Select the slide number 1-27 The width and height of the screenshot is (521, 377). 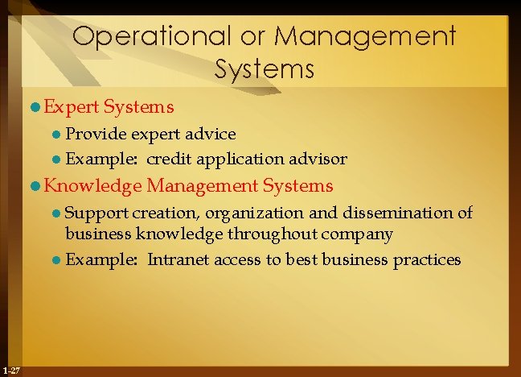click(11, 370)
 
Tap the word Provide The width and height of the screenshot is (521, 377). click(91, 134)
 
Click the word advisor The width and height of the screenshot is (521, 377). click(319, 158)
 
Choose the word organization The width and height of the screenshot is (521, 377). click(254, 213)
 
